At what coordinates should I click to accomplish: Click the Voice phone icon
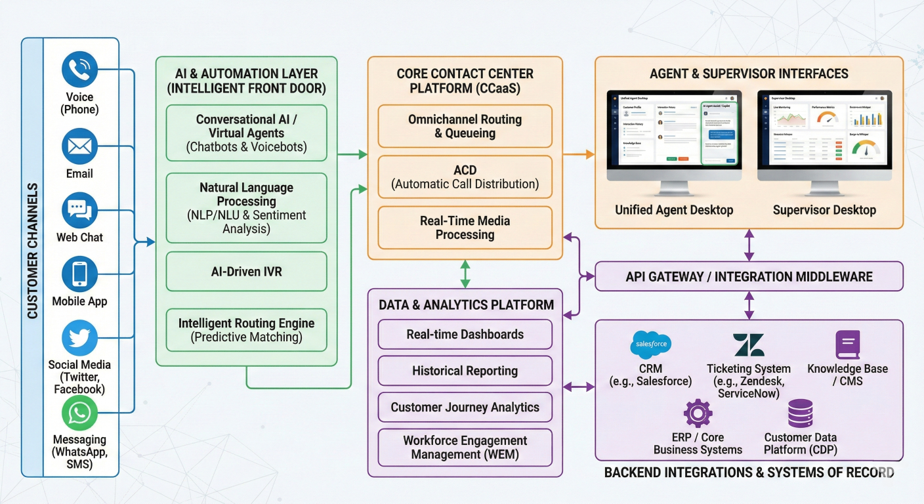click(79, 70)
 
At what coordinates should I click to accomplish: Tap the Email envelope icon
click(79, 146)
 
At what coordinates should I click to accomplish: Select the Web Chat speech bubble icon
click(79, 211)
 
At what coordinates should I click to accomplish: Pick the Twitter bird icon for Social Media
click(79, 339)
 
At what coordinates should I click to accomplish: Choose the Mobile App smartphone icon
click(79, 274)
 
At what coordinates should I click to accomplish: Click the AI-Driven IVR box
click(246, 271)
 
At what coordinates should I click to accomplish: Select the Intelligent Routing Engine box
click(246, 329)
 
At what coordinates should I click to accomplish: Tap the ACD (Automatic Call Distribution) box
click(465, 177)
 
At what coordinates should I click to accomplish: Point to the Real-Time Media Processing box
click(465, 228)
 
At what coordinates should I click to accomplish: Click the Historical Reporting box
click(465, 371)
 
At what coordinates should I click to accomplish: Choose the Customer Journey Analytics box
click(465, 407)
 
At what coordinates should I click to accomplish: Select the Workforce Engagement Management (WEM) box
click(465, 447)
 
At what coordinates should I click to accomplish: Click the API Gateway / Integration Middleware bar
click(749, 276)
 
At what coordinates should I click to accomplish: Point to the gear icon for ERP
click(698, 414)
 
